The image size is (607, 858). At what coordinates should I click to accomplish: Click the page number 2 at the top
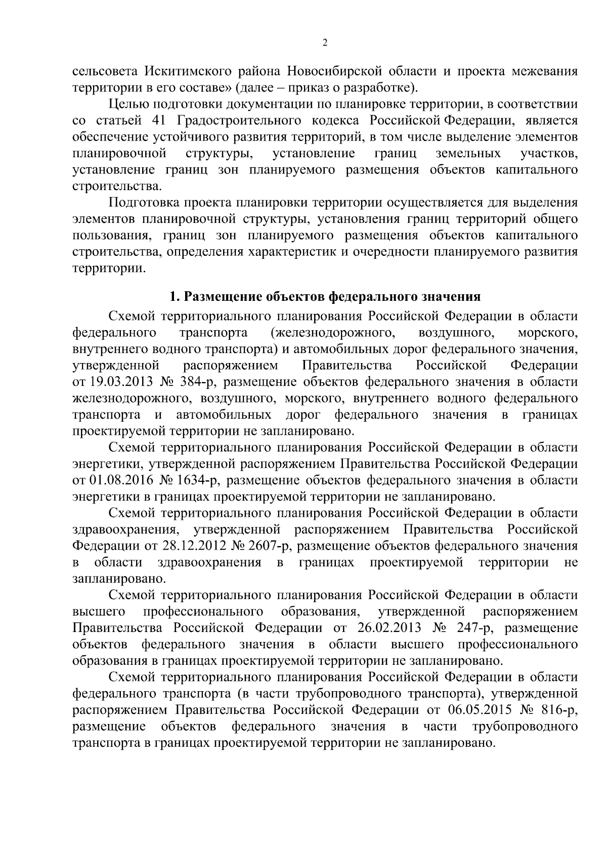[x=325, y=43]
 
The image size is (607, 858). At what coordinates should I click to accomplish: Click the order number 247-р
[x=473, y=628]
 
